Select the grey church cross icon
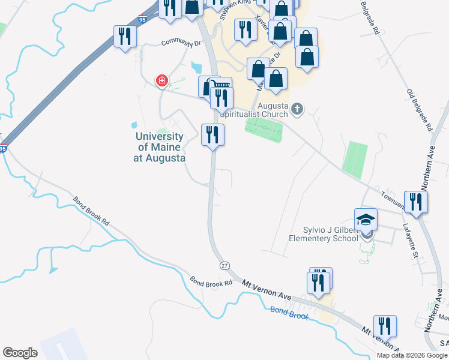[x=298, y=109]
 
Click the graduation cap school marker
[x=366, y=220]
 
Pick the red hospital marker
[x=161, y=80]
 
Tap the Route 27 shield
[x=224, y=265]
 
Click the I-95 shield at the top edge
[x=143, y=19]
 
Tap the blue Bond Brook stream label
[x=289, y=311]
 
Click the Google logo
[x=20, y=353]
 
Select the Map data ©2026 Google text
[x=412, y=355]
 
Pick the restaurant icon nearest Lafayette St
[x=415, y=202]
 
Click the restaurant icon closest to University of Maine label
[x=212, y=134]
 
